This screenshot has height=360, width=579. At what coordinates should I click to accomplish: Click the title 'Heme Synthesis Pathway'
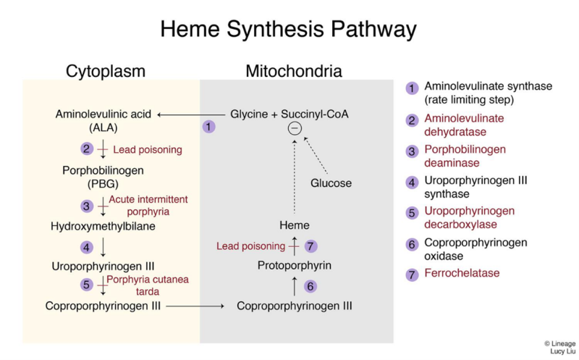[x=288, y=29]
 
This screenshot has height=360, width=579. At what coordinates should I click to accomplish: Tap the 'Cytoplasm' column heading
[x=106, y=71]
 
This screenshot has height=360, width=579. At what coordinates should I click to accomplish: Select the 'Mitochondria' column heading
[x=294, y=71]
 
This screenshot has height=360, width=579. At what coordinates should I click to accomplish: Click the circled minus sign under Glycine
[x=295, y=129]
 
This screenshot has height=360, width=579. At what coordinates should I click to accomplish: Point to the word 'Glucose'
[x=331, y=183]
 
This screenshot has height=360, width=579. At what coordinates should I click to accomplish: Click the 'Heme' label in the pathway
[x=295, y=225]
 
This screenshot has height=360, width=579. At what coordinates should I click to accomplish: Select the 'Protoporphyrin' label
[x=295, y=266]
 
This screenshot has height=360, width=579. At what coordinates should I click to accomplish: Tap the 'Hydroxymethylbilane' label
[x=103, y=226]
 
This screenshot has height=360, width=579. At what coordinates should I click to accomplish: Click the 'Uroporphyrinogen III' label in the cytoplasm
[x=103, y=267]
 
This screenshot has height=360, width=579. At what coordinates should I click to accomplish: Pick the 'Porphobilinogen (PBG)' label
[x=103, y=177]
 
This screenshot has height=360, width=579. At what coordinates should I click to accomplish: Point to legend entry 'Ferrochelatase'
[x=462, y=273]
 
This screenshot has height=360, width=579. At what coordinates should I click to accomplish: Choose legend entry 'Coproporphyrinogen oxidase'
[x=476, y=249]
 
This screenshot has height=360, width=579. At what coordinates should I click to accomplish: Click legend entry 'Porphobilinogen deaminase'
[x=465, y=156]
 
